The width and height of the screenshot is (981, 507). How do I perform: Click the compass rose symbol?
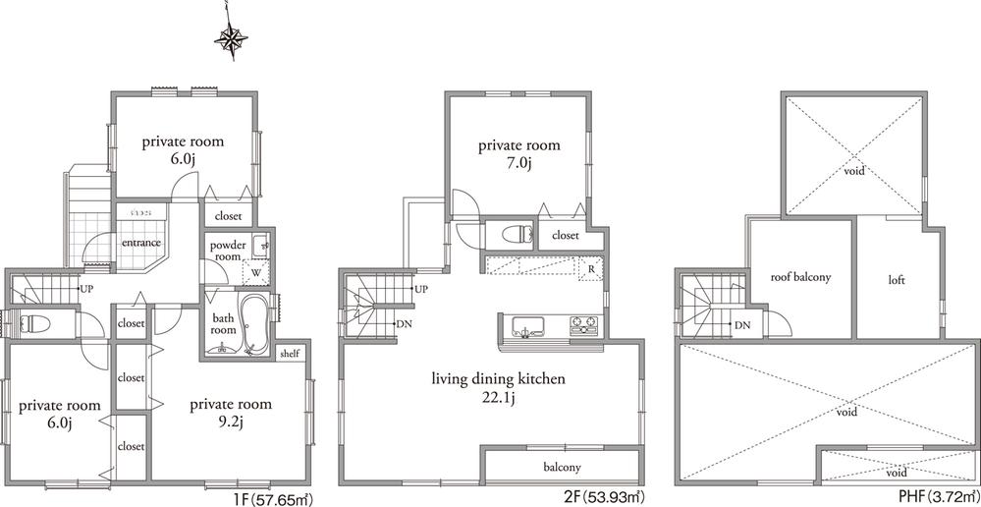click(x=233, y=39)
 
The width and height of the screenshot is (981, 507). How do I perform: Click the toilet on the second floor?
click(x=514, y=234)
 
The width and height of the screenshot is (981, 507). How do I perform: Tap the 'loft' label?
click(x=895, y=280)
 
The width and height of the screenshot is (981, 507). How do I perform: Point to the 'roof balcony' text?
click(x=800, y=277)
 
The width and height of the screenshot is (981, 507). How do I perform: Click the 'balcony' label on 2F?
click(x=562, y=467)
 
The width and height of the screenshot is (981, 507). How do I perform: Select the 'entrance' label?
click(x=140, y=243)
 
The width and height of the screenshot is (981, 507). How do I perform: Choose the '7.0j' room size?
click(x=518, y=164)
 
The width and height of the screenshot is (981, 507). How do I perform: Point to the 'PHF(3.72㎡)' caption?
click(x=930, y=496)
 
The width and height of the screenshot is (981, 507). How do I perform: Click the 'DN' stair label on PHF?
click(x=742, y=325)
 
